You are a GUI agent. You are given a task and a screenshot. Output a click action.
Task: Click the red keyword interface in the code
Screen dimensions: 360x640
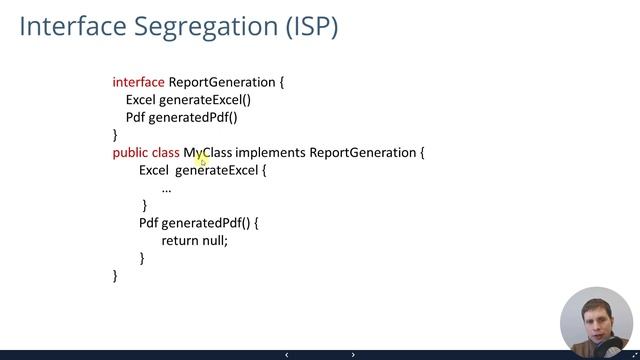138,82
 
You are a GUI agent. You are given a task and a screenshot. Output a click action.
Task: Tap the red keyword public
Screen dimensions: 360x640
130,153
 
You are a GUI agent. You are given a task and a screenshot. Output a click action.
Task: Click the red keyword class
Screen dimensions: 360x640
166,153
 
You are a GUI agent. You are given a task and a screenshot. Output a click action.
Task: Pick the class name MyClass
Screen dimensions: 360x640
208,153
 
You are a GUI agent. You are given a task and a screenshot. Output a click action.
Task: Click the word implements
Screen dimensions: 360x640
270,153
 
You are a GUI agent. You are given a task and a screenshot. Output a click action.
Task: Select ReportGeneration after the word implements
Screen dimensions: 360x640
362,153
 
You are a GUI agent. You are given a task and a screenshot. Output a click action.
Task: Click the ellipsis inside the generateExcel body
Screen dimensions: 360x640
166,188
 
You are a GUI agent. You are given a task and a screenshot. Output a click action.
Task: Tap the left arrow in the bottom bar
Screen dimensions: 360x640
287,355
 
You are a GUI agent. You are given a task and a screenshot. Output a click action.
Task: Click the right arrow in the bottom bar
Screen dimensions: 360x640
353,355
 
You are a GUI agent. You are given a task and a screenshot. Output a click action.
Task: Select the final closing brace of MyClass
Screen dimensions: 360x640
115,275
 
